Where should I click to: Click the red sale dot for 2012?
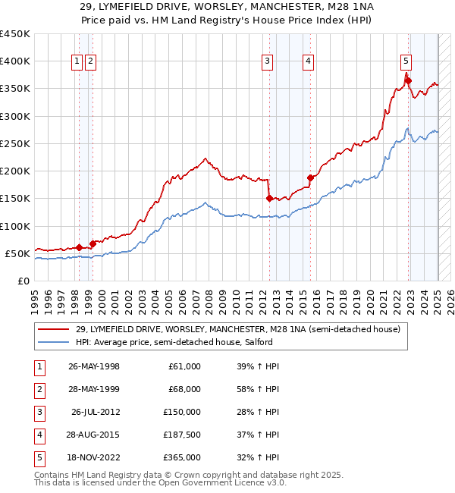coord(269,199)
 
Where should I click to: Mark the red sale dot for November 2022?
coord(408,80)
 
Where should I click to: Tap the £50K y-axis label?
coord(17,253)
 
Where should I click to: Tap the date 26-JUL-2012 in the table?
coord(96,412)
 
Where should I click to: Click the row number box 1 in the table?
coord(39,366)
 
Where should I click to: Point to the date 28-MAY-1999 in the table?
coord(94,389)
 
